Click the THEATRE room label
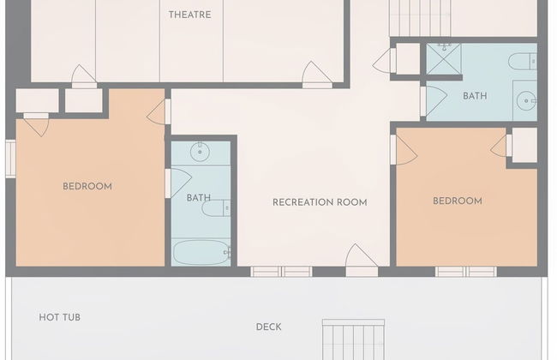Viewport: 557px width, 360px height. click(x=189, y=15)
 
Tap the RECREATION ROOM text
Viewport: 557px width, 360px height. click(x=320, y=202)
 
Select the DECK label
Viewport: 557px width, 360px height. click(x=268, y=327)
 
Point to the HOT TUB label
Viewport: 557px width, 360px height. click(x=60, y=317)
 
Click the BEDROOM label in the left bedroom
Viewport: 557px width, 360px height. click(x=87, y=187)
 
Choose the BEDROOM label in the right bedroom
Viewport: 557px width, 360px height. click(x=458, y=201)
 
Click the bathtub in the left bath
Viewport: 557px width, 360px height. click(x=201, y=253)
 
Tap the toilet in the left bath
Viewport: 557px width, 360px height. click(x=216, y=208)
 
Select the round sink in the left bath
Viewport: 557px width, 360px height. click(x=200, y=152)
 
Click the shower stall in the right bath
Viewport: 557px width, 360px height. click(x=443, y=59)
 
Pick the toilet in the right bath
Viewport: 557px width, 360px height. click(x=523, y=62)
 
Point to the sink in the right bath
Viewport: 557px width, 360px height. click(x=526, y=100)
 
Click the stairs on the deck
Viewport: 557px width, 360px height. click(x=353, y=339)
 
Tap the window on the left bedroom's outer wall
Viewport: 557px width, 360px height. click(x=10, y=159)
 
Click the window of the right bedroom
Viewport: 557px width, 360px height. click(x=466, y=272)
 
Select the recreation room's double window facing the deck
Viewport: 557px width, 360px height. click(x=281, y=272)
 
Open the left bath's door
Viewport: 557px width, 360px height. click(x=178, y=183)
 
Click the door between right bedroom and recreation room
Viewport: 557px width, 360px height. click(x=404, y=150)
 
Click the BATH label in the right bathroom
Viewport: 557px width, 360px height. click(x=475, y=96)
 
